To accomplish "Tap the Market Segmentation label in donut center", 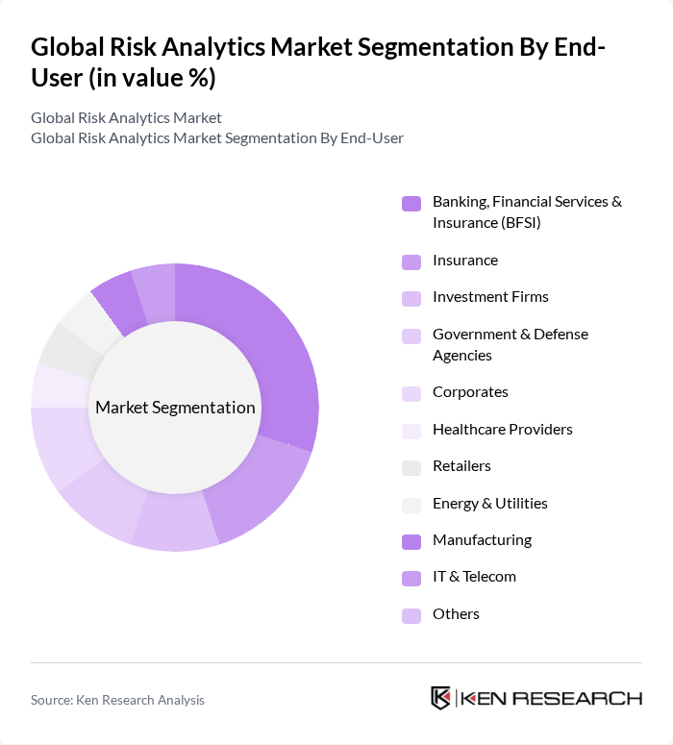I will tap(175, 408).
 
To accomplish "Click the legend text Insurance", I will tap(465, 261).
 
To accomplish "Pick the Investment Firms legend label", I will tap(490, 297).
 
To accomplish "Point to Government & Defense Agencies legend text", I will tap(510, 344).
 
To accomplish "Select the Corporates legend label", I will tap(470, 392).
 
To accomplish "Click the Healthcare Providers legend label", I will tap(502, 430).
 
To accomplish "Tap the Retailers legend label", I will tap(461, 466).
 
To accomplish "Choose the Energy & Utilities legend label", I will tap(489, 504).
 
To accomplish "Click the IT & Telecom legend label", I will tap(474, 577).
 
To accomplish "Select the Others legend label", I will tap(456, 614).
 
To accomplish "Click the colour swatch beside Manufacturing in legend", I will tap(411, 541).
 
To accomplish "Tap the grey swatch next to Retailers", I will tap(411, 467).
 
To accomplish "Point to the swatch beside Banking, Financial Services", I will tap(411, 203).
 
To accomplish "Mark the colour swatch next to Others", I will tap(411, 615).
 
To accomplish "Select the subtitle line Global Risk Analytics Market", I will tap(126, 117).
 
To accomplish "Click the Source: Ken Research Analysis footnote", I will tap(117, 700).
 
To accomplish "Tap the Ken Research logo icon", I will tap(441, 698).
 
